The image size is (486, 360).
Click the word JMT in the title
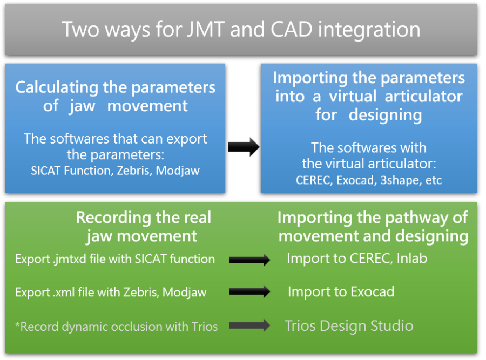pyautogui.click(x=206, y=30)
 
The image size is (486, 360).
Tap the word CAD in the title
pyautogui.click(x=292, y=30)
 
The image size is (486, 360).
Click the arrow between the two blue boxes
pyautogui.click(x=244, y=147)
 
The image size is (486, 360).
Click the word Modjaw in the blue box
pyautogui.click(x=178, y=171)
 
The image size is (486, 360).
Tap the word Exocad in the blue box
pyautogui.click(x=357, y=180)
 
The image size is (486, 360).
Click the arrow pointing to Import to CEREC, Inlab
pyautogui.click(x=249, y=260)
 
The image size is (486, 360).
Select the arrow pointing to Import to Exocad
pyautogui.click(x=249, y=292)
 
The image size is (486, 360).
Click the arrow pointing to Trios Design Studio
pyautogui.click(x=249, y=325)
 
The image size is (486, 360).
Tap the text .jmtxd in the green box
pyautogui.click(x=70, y=259)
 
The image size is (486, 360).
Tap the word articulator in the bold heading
pyautogui.click(x=424, y=97)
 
